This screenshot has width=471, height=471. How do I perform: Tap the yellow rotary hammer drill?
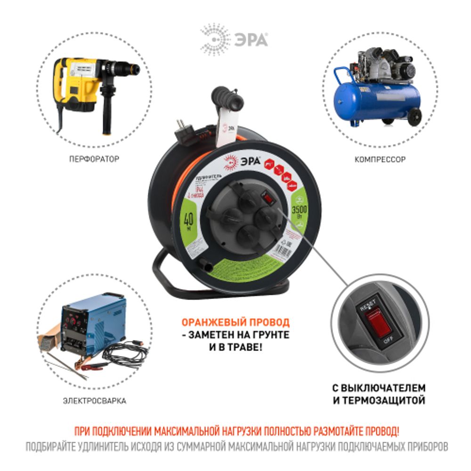point(89,85)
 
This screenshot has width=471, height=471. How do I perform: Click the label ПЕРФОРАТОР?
point(94,160)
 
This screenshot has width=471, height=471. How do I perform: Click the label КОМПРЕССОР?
point(380,160)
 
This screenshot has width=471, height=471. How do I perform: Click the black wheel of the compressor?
point(414,117)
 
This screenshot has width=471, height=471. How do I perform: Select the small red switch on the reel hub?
point(267,198)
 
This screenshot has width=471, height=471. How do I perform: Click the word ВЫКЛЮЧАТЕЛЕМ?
point(384,388)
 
